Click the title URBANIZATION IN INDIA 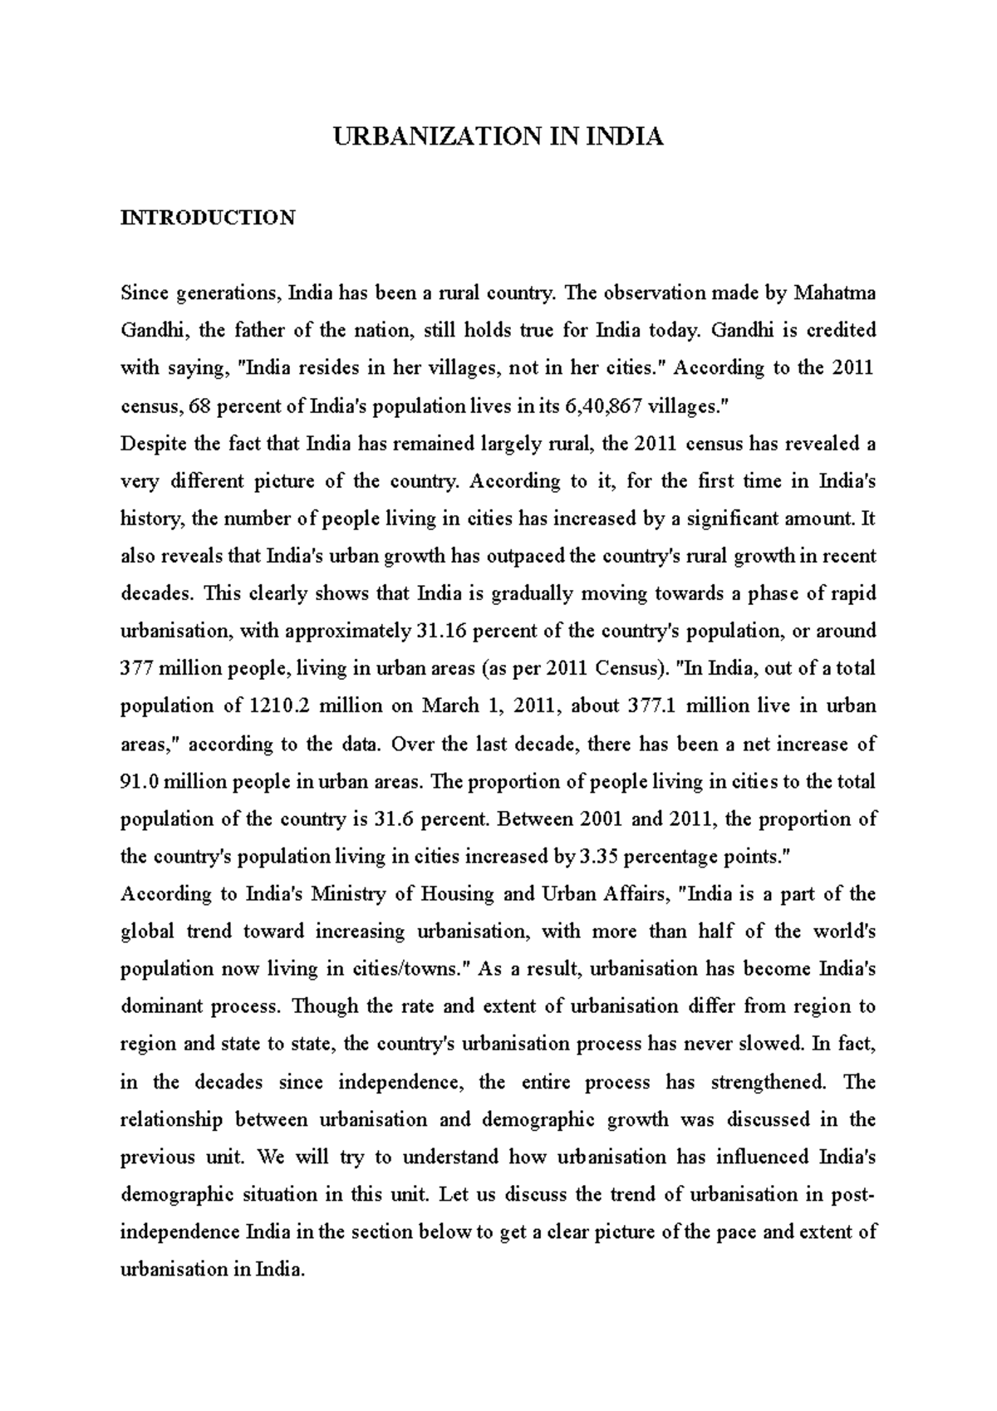(x=498, y=137)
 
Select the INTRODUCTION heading (x=208, y=219)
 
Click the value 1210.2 (x=279, y=706)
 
